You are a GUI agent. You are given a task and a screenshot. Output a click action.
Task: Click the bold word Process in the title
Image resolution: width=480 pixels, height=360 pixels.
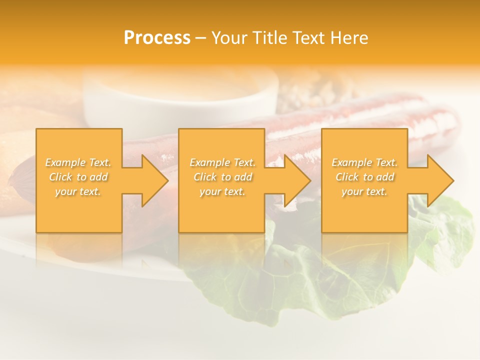pyautogui.click(x=157, y=38)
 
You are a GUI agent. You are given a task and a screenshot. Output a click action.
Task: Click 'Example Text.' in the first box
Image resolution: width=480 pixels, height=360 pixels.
pyautogui.click(x=78, y=162)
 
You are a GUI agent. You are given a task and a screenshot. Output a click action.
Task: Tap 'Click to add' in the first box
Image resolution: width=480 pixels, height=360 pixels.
pyautogui.click(x=78, y=177)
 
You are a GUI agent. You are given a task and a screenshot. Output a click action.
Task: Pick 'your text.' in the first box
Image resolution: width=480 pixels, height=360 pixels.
pyautogui.click(x=78, y=191)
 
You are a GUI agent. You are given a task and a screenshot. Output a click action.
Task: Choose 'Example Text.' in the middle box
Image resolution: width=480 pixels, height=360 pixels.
pyautogui.click(x=222, y=162)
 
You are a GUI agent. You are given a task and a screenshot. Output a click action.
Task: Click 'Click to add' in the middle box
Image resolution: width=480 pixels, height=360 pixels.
pyautogui.click(x=222, y=177)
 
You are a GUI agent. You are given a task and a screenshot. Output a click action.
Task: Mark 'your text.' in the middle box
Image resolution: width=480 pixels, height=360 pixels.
pyautogui.click(x=222, y=191)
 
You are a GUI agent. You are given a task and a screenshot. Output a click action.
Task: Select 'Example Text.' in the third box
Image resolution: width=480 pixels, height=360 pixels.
pyautogui.click(x=364, y=162)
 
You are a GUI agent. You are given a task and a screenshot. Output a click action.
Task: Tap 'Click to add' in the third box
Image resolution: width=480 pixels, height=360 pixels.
pyautogui.click(x=364, y=177)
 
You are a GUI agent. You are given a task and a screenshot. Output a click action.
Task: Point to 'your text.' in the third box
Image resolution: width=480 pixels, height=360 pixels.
pyautogui.click(x=364, y=191)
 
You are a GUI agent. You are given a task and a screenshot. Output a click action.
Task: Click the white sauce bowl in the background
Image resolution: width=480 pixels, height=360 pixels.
pyautogui.click(x=180, y=100)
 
